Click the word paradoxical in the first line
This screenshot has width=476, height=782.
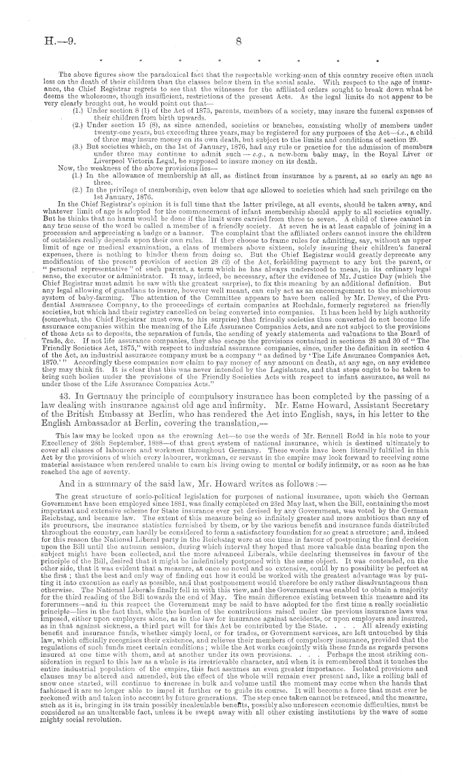pyautogui.click(x=154, y=73)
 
